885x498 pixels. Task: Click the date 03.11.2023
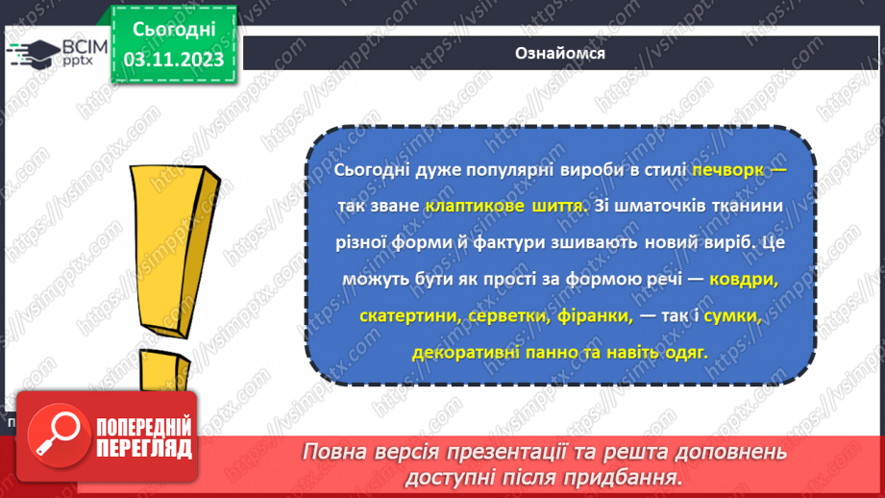[174, 60]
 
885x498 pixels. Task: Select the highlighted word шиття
[554, 207]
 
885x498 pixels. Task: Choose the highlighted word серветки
[490, 316]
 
